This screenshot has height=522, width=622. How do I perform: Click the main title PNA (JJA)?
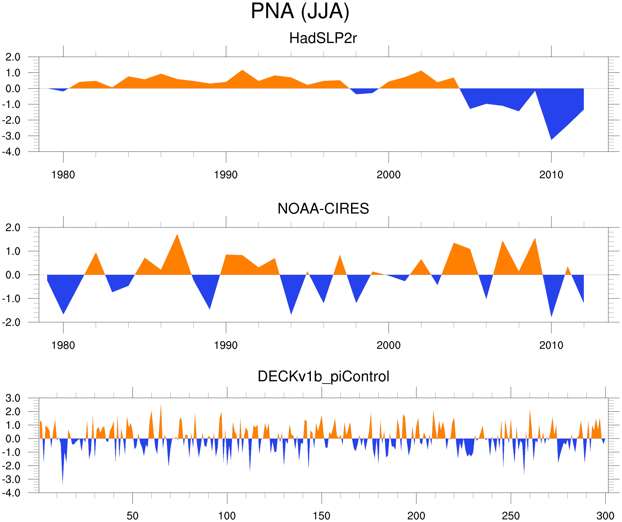(300, 11)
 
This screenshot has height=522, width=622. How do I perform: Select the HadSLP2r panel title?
(323, 38)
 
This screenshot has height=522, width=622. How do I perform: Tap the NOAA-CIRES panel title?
(323, 209)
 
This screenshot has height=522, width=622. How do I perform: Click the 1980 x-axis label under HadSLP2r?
(63, 175)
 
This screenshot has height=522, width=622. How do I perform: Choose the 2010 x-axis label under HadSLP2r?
(551, 175)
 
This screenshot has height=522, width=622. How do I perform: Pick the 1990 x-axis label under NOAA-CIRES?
(226, 345)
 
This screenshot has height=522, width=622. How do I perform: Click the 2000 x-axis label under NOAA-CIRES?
(388, 345)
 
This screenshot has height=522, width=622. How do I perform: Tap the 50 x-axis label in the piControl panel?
(132, 516)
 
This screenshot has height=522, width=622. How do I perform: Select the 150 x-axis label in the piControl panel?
(321, 516)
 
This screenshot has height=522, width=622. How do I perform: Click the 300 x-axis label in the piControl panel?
(605, 516)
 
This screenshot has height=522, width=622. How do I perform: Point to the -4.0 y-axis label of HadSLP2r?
(11, 152)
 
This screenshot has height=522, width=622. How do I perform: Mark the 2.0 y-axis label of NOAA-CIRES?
(13, 228)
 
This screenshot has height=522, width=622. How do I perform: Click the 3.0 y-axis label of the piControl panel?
(13, 398)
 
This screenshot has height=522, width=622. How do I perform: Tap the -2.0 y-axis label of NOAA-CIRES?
(11, 322)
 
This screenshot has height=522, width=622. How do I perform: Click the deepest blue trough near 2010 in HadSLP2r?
(551, 138)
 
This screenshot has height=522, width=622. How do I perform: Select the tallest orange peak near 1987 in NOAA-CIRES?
(177, 236)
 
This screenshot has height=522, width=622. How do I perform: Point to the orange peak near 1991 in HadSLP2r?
(242, 71)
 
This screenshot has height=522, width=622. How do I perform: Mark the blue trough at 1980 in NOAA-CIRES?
(63, 313)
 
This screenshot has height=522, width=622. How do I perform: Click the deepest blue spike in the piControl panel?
(62, 482)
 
